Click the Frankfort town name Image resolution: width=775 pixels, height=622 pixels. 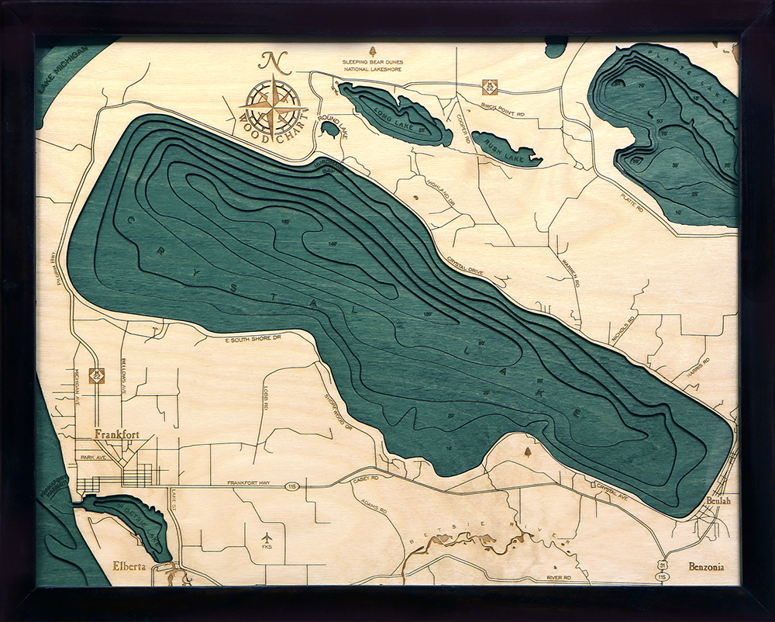point(117,434)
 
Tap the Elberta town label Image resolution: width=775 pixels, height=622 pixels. point(129,565)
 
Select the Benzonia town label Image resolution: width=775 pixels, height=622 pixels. point(707,567)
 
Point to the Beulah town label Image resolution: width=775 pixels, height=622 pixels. point(718,502)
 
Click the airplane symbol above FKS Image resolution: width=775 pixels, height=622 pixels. point(267,537)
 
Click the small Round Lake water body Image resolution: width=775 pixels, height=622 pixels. point(329,129)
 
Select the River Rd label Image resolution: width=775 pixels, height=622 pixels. point(558,578)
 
